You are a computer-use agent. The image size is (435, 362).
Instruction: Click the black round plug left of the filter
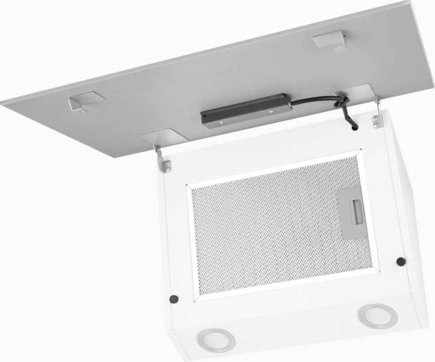pos(172,298)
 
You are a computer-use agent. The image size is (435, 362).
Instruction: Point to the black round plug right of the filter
pos(400,261)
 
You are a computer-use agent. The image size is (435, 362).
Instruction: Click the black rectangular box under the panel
pos(246,110)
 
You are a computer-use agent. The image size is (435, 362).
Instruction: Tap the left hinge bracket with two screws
pos(165,164)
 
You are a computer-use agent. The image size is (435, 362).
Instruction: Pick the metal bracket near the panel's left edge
pos(85,101)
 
